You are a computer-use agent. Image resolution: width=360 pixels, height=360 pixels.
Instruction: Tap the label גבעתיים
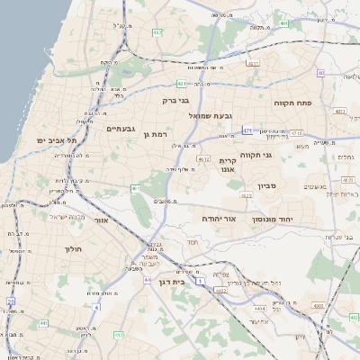pyautogui.click(x=121, y=129)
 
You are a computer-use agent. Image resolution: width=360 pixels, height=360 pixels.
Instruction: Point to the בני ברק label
pyautogui.click(x=177, y=102)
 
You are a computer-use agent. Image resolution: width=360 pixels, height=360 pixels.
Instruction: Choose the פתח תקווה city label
pyautogui.click(x=292, y=103)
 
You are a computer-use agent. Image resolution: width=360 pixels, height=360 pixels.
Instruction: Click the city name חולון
pyautogui.click(x=74, y=248)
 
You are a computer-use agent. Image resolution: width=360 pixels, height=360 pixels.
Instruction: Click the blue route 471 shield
pyautogui.click(x=247, y=130)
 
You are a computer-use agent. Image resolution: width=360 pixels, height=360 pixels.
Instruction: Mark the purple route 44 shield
pyautogui.click(x=146, y=280)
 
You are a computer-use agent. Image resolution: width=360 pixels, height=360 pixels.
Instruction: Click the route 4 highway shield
pyautogui.click(x=97, y=306)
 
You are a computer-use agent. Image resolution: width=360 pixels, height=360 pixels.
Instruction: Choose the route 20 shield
pyautogui.click(x=11, y=301)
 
